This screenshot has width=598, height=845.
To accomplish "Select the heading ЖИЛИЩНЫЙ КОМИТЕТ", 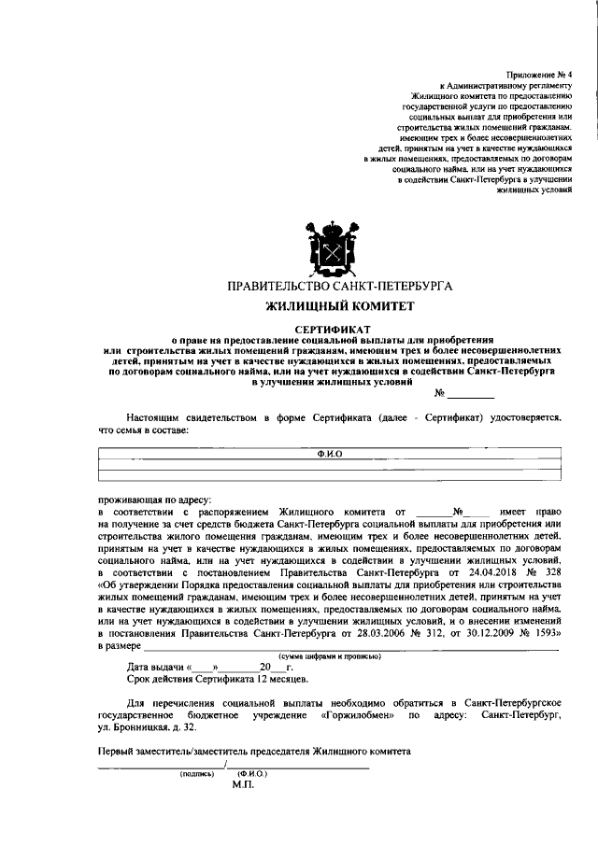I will [x=333, y=305].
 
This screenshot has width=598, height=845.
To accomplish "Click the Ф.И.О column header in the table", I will [x=332, y=453].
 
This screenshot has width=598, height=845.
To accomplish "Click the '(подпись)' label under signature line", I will [x=197, y=774].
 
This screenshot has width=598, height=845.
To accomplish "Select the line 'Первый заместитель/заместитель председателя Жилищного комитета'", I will [x=253, y=753].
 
